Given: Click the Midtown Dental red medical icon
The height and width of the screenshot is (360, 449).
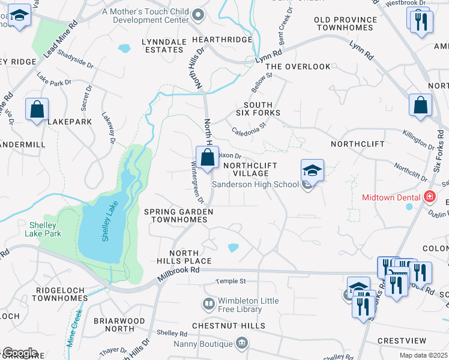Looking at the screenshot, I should pos(429,197).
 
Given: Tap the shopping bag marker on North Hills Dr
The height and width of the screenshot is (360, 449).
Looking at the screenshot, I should pos(207,158).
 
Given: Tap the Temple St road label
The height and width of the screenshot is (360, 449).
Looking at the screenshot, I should pos(231,281).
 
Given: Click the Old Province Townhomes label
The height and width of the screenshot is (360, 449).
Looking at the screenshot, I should pos(346,24).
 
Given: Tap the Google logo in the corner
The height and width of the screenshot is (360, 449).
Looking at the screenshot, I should pos(20,353).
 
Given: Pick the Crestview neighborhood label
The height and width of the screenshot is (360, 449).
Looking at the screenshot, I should pos(402,340).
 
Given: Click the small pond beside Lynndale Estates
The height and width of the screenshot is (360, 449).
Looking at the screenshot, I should pos(124,48).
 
